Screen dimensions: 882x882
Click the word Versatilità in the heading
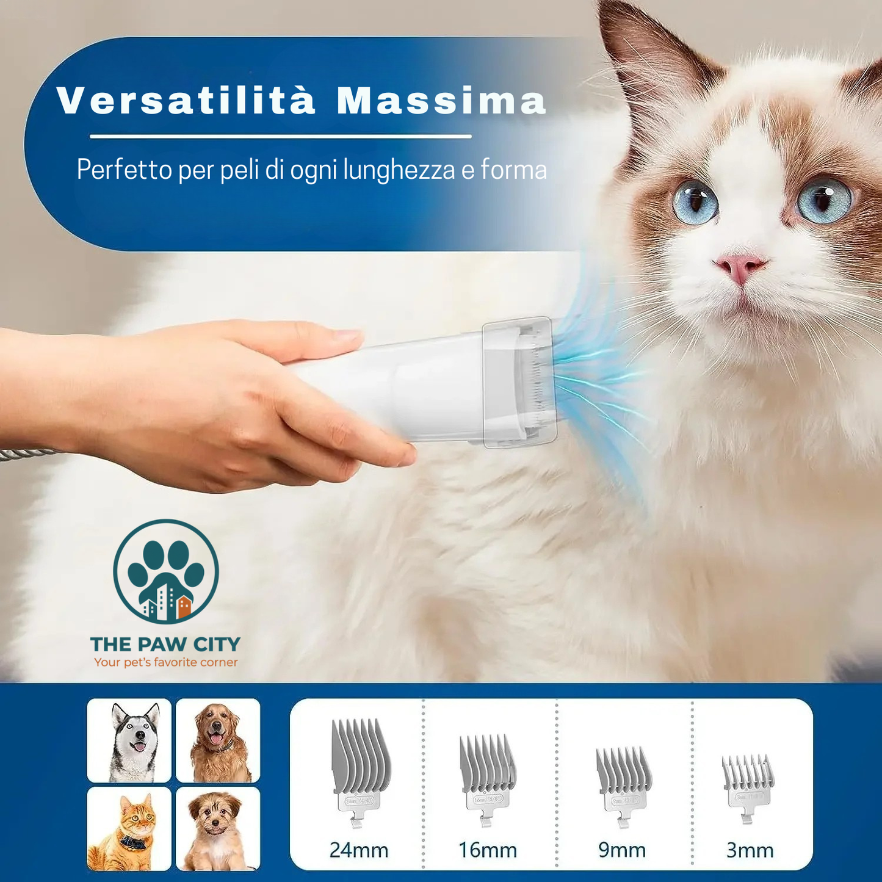click(186, 100)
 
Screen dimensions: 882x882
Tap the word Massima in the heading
click(441, 100)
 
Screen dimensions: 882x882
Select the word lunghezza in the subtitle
click(399, 169)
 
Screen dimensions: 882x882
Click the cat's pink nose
click(740, 267)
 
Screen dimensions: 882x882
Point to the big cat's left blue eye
click(695, 201)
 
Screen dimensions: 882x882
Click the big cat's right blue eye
click(824, 199)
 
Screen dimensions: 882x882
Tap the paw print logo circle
click(166, 571)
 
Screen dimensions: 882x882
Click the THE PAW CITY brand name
click(165, 644)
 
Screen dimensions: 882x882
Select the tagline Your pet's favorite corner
click(165, 662)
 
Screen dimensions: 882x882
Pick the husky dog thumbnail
click(129, 740)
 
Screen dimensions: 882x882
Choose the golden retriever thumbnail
click(218, 740)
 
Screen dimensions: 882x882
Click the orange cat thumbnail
click(129, 828)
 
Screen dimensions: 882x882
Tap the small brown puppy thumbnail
click(218, 828)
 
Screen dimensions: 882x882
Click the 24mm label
click(359, 850)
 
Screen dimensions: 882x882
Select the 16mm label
click(488, 850)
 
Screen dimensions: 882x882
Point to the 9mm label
click(622, 850)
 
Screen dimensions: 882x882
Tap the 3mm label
click(750, 850)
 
